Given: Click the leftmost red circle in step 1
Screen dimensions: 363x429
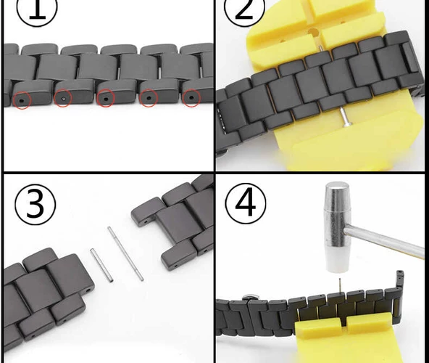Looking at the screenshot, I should [22, 99].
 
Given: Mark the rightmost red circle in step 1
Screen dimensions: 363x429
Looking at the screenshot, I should [191, 97].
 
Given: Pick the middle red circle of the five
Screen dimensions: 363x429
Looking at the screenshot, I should [106, 98].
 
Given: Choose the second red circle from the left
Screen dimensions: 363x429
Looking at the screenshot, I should [63, 97].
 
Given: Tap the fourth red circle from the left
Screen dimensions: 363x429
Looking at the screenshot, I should [149, 98].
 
